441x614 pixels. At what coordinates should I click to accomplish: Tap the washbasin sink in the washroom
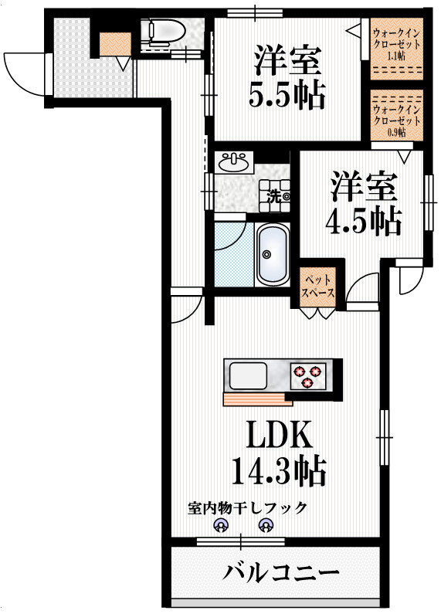(x=234, y=162)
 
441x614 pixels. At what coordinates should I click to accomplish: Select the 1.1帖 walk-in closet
(x=397, y=48)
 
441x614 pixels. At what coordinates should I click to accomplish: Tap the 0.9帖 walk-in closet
(x=397, y=115)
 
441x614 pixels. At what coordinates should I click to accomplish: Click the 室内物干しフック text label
(x=247, y=508)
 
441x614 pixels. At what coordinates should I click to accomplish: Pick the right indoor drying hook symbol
(x=266, y=528)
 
